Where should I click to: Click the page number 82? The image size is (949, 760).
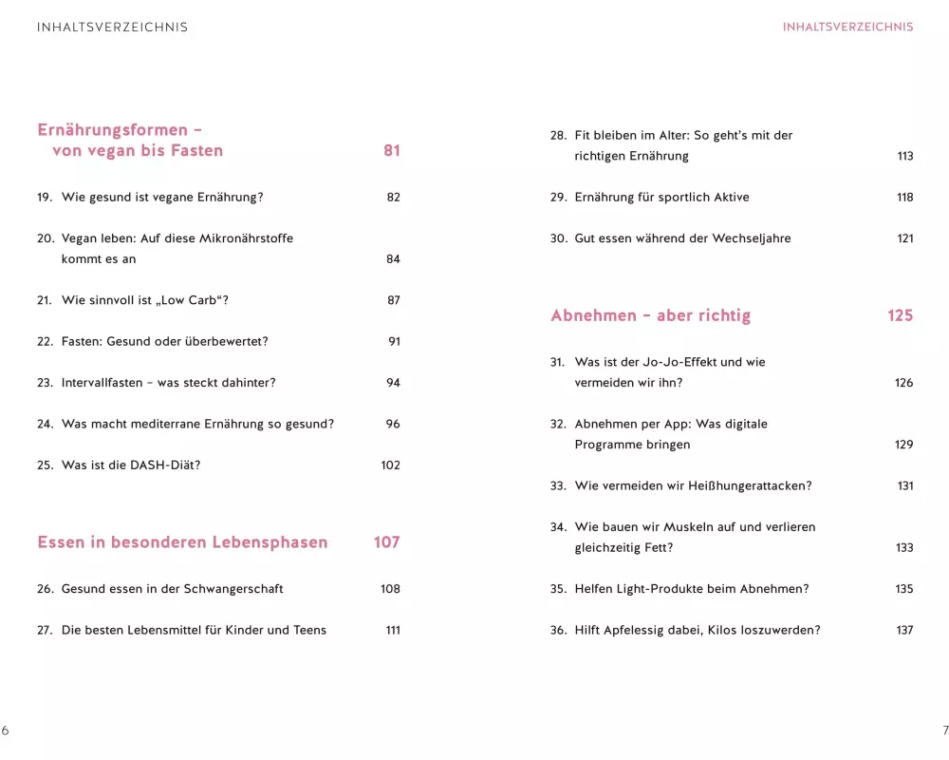click(393, 198)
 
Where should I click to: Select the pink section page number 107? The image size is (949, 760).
click(386, 542)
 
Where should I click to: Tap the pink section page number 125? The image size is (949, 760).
click(900, 315)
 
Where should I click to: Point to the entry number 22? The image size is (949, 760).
click(45, 342)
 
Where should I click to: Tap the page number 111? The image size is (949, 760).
click(393, 630)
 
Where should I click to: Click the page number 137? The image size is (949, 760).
click(904, 630)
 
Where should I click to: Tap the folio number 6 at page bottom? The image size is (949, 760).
click(5, 731)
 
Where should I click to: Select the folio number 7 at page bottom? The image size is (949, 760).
click(944, 731)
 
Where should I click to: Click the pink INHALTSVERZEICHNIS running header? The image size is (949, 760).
click(847, 27)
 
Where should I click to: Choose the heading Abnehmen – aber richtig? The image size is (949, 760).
click(650, 315)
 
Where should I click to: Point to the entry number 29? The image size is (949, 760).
click(558, 198)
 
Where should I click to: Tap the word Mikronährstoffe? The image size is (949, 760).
click(245, 238)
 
